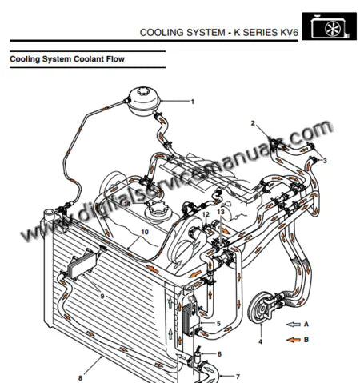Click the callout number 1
click(192, 102)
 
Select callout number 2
click(253, 123)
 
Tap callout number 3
click(325, 161)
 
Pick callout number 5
click(218, 323)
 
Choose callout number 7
click(236, 375)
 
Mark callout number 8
click(80, 377)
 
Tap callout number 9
click(102, 296)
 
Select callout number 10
click(145, 233)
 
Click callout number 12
click(206, 215)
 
